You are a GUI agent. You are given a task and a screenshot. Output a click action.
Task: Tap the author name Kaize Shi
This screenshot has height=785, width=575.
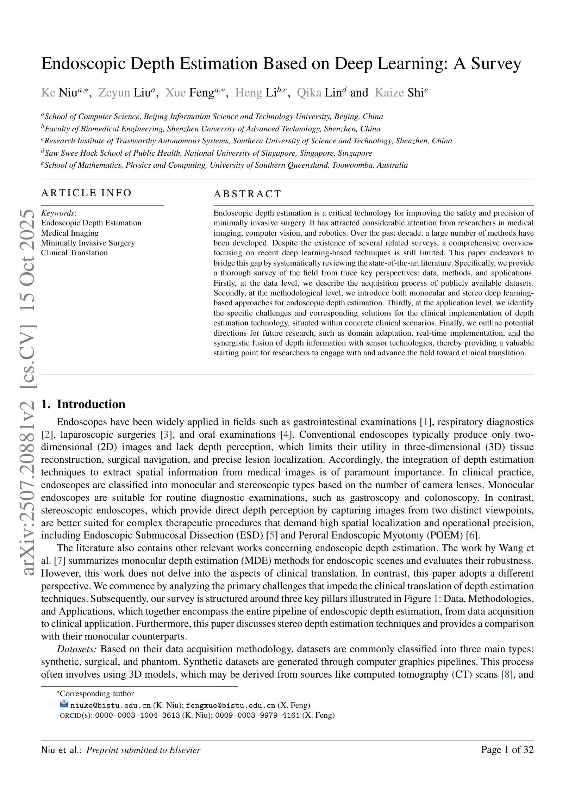tap(401, 93)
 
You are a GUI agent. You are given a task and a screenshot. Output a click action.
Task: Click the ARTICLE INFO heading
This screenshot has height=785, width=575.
tap(86, 193)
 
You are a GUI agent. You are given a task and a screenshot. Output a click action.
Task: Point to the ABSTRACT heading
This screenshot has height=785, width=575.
tap(248, 194)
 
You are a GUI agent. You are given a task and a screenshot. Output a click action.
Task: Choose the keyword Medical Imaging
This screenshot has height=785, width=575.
tap(70, 233)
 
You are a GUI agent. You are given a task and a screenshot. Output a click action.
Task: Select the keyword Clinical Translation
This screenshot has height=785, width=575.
tap(74, 253)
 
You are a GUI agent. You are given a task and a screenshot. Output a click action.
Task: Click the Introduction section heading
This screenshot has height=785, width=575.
tap(91, 404)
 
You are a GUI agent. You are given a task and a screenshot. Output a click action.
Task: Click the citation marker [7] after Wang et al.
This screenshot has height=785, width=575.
tap(57, 561)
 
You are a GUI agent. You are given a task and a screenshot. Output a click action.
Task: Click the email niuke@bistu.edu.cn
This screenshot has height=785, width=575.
tap(111, 705)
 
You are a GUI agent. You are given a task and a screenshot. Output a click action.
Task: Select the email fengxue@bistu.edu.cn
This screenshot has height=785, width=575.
tap(230, 705)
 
